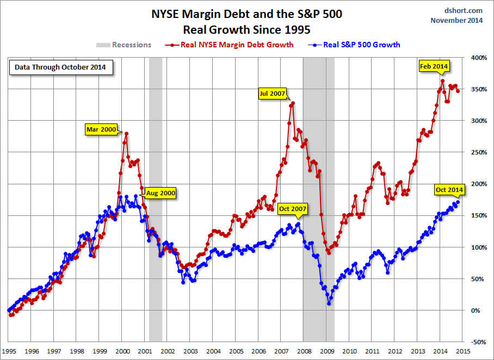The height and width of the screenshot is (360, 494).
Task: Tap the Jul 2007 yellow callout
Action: point(271,94)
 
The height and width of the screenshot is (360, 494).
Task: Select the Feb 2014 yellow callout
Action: point(434,66)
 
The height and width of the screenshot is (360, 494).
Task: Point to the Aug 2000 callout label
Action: point(160,193)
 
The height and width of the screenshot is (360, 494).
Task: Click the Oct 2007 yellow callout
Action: point(293,208)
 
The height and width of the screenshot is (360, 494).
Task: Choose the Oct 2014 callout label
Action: point(449,190)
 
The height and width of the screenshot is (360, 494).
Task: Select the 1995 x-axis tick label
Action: point(9,351)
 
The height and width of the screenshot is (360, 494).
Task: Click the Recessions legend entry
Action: point(124,45)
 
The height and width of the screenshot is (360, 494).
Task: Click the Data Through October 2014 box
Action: point(60,68)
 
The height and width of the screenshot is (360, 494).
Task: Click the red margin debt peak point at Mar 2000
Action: point(126,133)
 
